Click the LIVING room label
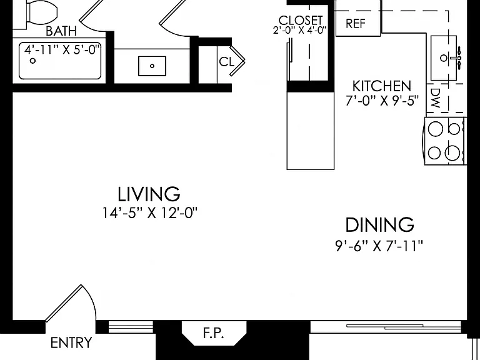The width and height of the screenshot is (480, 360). click(x=149, y=194)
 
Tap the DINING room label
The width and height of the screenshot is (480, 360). click(x=379, y=225)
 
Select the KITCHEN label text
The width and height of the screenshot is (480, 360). click(x=382, y=86)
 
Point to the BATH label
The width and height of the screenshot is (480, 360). click(x=61, y=31)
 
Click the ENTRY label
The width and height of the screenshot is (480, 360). click(x=71, y=342)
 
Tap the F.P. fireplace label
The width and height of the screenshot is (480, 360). click(x=213, y=332)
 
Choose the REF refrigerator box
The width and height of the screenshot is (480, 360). click(x=358, y=23)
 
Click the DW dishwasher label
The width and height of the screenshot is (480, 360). click(x=435, y=98)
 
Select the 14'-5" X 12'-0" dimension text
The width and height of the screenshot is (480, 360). click(x=150, y=213)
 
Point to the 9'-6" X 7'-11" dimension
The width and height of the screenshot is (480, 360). click(x=379, y=246)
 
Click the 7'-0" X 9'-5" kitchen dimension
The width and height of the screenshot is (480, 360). click(x=382, y=101)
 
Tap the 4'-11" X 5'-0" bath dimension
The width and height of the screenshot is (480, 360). click(x=62, y=49)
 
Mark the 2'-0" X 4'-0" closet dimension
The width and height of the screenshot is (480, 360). click(x=300, y=30)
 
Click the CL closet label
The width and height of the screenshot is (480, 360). click(x=226, y=62)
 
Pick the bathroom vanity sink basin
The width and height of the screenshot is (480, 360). click(x=152, y=66)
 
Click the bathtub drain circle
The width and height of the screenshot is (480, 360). click(x=32, y=61)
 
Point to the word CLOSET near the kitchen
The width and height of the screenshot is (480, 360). click(x=300, y=21)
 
